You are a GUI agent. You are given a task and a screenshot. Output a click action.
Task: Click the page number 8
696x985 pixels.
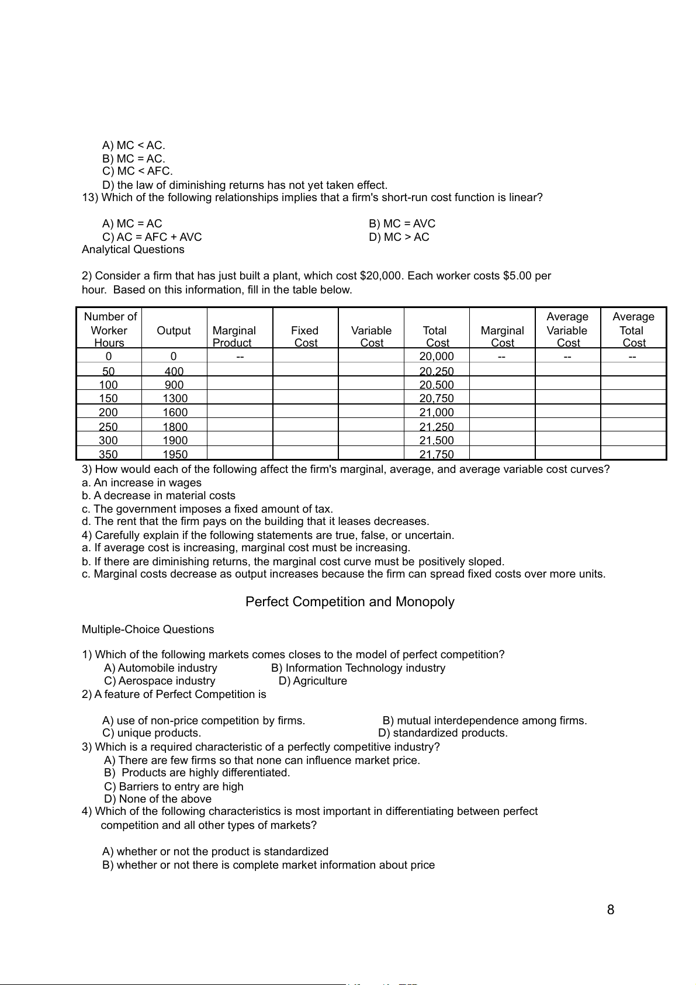click(x=611, y=910)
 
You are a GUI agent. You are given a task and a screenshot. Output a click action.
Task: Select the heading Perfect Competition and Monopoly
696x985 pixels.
click(x=349, y=602)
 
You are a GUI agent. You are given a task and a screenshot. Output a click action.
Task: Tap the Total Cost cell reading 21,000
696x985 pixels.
click(x=437, y=412)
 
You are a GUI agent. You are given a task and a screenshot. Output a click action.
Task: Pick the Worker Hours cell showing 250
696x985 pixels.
click(x=108, y=427)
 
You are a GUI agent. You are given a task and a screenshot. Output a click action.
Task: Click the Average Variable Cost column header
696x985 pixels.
click(x=567, y=330)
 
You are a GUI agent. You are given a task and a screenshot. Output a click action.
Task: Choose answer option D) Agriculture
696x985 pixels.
click(x=313, y=680)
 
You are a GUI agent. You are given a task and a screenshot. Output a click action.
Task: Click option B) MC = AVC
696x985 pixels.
click(x=402, y=223)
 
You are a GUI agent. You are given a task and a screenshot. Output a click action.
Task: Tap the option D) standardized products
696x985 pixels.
click(x=443, y=732)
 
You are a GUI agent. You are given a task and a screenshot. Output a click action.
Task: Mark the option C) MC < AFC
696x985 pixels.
click(x=137, y=171)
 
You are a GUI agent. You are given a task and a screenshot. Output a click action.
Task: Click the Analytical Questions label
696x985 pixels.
click(x=133, y=249)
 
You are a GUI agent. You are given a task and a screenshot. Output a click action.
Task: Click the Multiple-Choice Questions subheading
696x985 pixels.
click(x=148, y=629)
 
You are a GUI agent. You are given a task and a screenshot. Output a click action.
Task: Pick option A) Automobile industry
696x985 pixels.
click(x=161, y=668)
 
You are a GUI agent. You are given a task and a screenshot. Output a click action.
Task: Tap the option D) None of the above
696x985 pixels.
click(x=158, y=799)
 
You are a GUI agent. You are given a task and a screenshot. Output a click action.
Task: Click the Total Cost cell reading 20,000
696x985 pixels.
click(x=437, y=356)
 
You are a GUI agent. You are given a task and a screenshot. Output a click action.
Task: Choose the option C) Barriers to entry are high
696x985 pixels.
click(x=174, y=786)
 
